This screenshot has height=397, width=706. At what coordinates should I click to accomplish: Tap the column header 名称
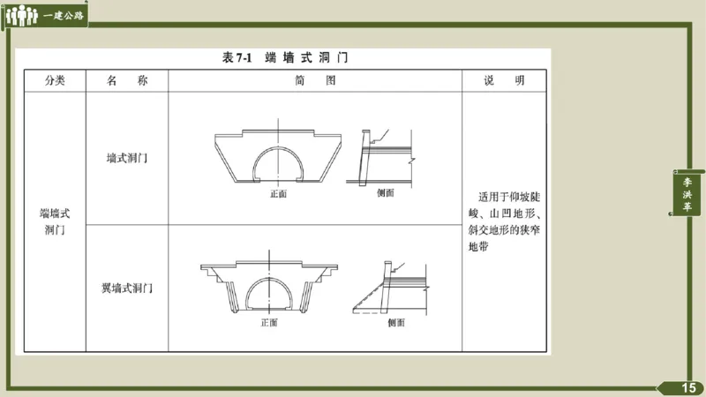[x=126, y=80]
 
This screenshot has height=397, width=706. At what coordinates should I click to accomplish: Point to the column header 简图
[x=315, y=80]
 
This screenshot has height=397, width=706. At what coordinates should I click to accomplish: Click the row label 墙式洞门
[x=126, y=159]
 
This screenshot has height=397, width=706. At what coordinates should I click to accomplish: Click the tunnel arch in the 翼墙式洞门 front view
[x=269, y=291]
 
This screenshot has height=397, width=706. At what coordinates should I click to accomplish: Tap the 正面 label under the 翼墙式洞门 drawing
[x=269, y=322]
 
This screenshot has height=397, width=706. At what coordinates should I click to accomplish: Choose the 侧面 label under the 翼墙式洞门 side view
[x=396, y=322]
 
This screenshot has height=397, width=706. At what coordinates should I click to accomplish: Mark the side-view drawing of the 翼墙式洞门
[x=391, y=287]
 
